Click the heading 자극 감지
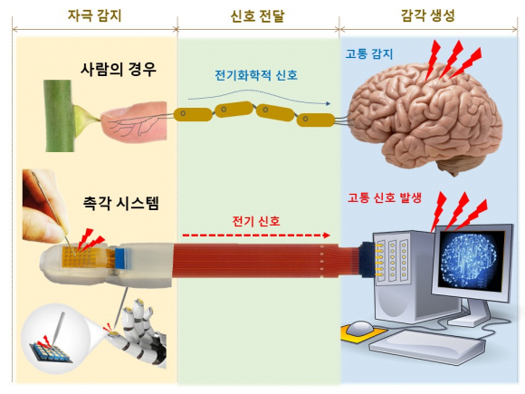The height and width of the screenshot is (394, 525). [x=94, y=15]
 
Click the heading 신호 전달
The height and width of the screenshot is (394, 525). [x=257, y=16]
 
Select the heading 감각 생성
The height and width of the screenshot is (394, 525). [x=427, y=15]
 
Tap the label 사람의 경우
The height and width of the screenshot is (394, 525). [x=119, y=69]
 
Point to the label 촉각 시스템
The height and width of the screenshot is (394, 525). [x=121, y=203]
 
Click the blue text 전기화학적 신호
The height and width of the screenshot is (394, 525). [x=256, y=75]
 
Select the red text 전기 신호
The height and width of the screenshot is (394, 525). [x=256, y=222]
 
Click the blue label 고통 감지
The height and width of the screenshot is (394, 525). [x=369, y=54]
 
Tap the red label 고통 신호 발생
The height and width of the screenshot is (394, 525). [x=385, y=197]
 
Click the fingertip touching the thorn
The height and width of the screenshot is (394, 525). [x=134, y=122]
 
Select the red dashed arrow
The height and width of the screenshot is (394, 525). [x=256, y=235]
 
